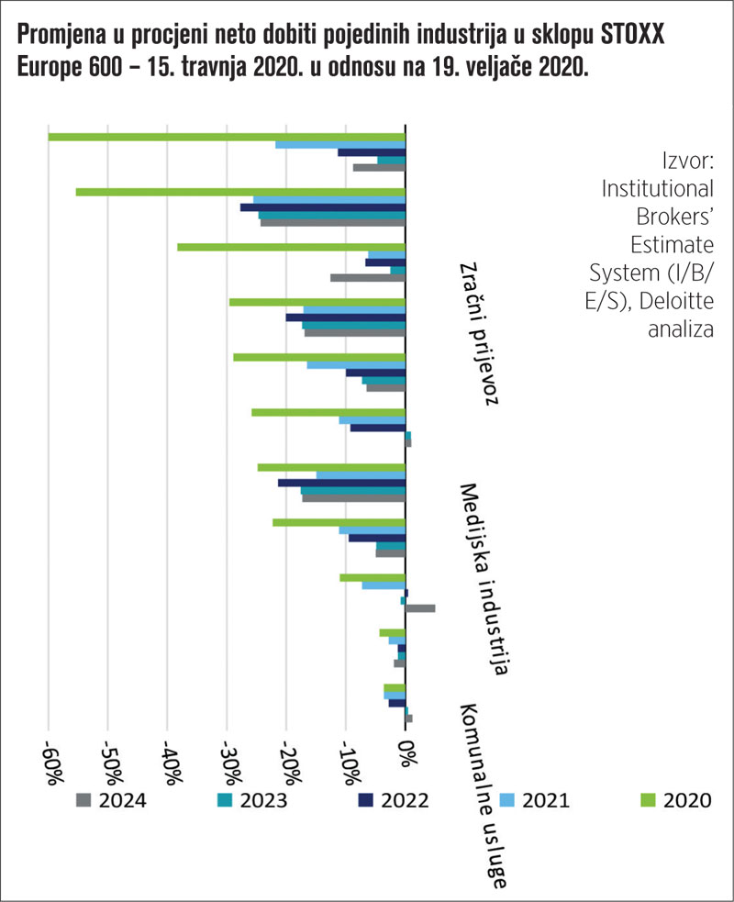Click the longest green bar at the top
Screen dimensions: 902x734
(226, 138)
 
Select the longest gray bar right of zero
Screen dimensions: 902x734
(420, 607)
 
